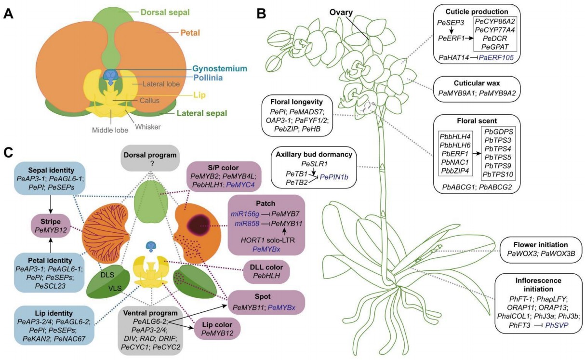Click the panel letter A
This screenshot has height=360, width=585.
[x=8, y=13]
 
